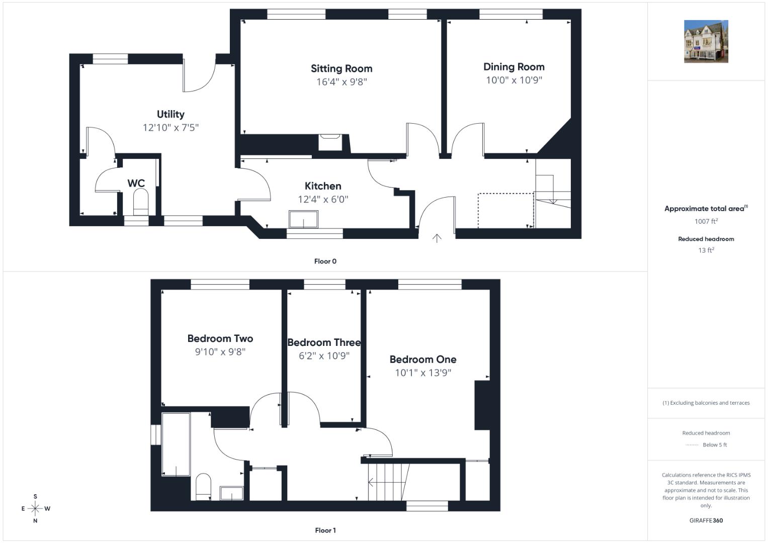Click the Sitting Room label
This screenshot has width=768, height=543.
pyautogui.click(x=342, y=68)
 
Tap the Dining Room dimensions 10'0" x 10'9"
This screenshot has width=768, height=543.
pyautogui.click(x=514, y=80)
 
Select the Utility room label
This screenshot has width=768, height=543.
pyautogui.click(x=170, y=114)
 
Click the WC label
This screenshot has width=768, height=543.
pyautogui.click(x=136, y=184)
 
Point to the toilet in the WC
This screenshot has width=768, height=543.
pyautogui.click(x=140, y=202)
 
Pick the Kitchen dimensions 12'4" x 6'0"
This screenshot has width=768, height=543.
pyautogui.click(x=323, y=200)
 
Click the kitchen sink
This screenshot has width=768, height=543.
pyautogui.click(x=303, y=219)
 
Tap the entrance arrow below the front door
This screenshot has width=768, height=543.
pyautogui.click(x=437, y=239)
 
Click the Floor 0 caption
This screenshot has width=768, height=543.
pyautogui.click(x=325, y=261)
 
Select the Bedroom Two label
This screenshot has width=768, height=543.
pyautogui.click(x=220, y=339)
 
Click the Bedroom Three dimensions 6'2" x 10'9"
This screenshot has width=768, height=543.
pyautogui.click(x=324, y=356)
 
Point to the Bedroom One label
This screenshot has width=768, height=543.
pyautogui.click(x=423, y=359)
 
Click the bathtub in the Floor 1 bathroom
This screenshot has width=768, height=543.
pyautogui.click(x=176, y=444)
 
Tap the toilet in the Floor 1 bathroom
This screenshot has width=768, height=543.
pyautogui.click(x=203, y=487)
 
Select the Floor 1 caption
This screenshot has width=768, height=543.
pyautogui.click(x=325, y=530)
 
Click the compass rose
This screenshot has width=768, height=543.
pyautogui.click(x=35, y=508)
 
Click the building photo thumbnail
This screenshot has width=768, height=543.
pyautogui.click(x=706, y=41)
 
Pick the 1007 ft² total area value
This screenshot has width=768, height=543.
pyautogui.click(x=706, y=221)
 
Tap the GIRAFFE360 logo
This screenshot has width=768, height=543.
pyautogui.click(x=706, y=520)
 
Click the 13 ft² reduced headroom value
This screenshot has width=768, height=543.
pyautogui.click(x=706, y=250)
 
